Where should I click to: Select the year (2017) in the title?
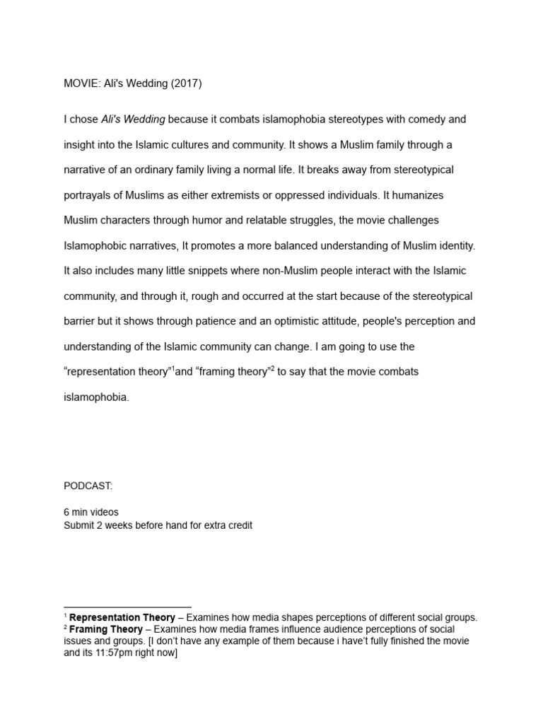pyautogui.click(x=185, y=83)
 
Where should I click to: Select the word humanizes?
pyautogui.click(x=417, y=195)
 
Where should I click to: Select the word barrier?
pyautogui.click(x=79, y=321)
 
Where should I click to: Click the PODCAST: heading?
pyautogui.click(x=88, y=486)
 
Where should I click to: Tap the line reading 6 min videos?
pyautogui.click(x=91, y=512)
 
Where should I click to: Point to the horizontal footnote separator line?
pyautogui.click(x=127, y=607)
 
